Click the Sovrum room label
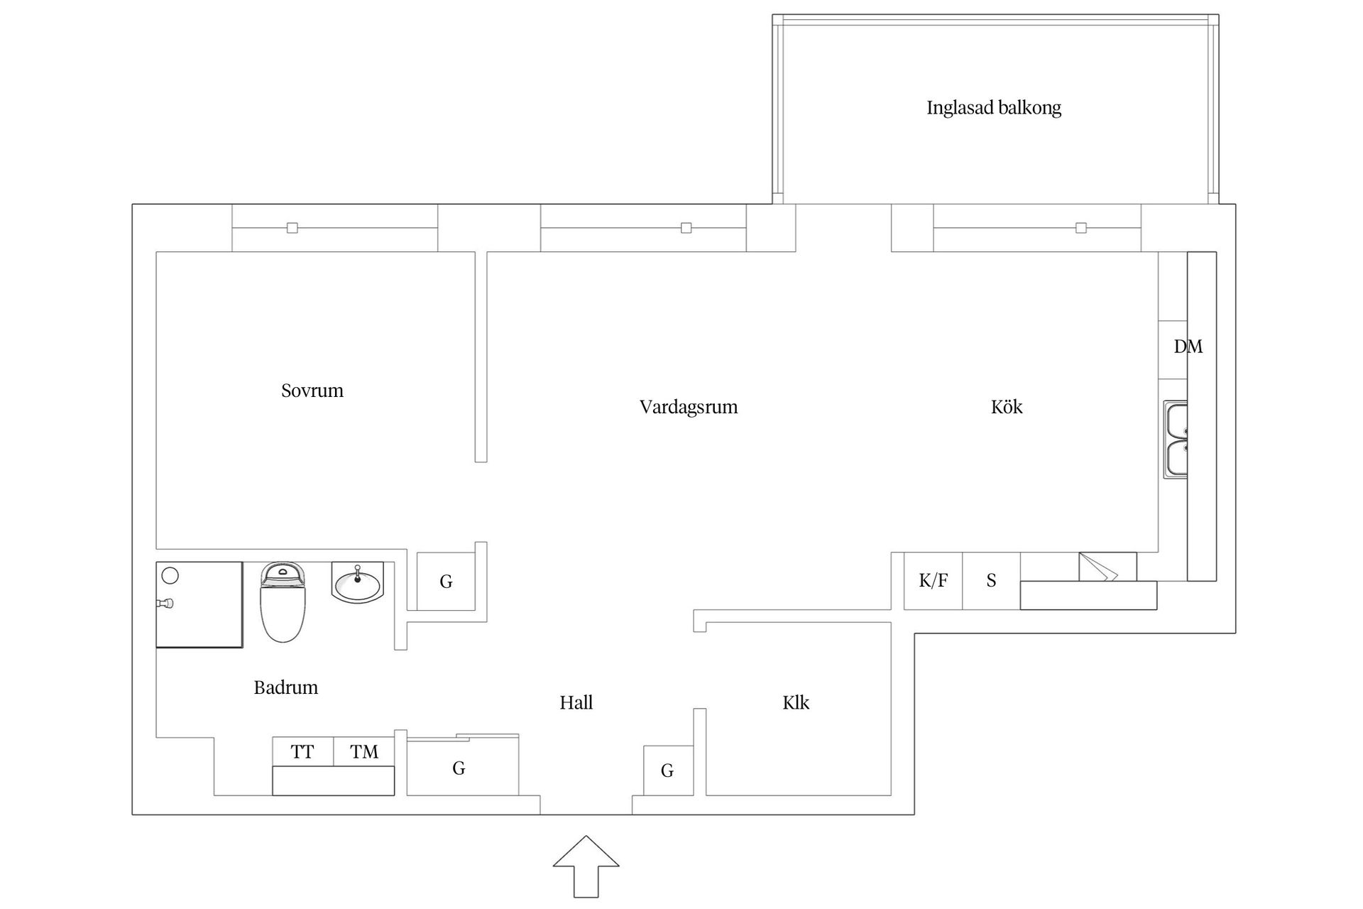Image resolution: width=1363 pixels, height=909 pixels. click(312, 391)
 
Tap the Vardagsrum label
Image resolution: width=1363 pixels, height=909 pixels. click(688, 407)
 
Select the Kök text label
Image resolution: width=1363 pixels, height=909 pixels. click(1006, 407)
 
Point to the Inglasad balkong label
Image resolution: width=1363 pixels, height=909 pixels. click(993, 108)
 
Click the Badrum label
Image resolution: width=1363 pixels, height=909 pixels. click(285, 687)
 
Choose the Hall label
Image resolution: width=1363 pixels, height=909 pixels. click(576, 703)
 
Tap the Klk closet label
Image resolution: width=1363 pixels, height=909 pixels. click(795, 703)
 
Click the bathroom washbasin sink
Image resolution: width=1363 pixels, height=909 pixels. click(358, 583)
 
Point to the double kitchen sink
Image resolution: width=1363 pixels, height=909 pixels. click(1176, 440)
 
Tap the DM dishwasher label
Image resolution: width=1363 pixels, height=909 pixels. click(1188, 347)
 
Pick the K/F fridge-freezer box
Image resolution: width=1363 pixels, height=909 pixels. click(933, 581)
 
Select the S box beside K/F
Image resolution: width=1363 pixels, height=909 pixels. click(991, 581)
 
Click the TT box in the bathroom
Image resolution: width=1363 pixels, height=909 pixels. click(302, 752)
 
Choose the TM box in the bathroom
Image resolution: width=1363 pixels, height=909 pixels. click(363, 752)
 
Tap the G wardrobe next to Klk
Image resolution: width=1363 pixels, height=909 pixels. click(667, 771)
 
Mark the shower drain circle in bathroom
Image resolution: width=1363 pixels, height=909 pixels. click(170, 575)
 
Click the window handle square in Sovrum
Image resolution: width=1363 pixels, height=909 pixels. click(292, 228)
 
